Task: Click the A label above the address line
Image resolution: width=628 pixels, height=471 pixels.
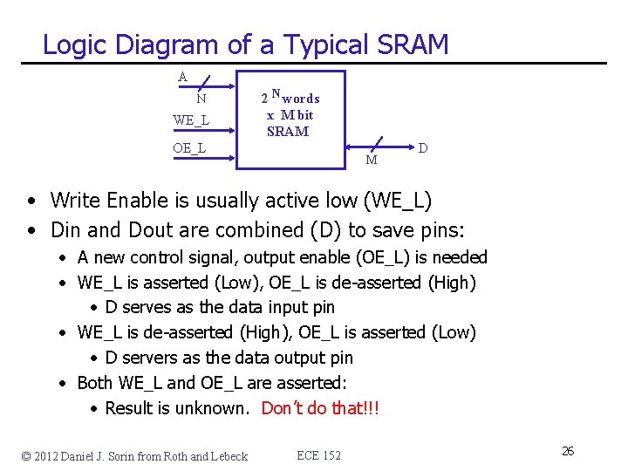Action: click(182, 77)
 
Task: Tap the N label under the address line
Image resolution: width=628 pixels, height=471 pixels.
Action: click(201, 99)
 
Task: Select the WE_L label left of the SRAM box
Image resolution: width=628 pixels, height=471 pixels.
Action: click(191, 119)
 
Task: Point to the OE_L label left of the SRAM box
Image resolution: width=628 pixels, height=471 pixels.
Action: click(189, 148)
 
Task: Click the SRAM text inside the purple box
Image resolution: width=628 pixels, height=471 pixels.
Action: click(288, 132)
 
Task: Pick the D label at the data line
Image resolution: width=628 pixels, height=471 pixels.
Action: click(422, 148)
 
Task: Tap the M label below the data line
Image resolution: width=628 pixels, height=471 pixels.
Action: click(372, 160)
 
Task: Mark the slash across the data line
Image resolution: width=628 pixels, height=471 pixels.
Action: click(378, 143)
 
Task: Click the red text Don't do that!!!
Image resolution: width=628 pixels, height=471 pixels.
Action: click(320, 408)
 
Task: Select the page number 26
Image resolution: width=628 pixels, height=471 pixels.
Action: click(567, 451)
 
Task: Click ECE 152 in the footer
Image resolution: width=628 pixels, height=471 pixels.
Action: click(319, 455)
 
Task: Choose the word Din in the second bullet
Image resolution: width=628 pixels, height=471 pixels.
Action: click(65, 230)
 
